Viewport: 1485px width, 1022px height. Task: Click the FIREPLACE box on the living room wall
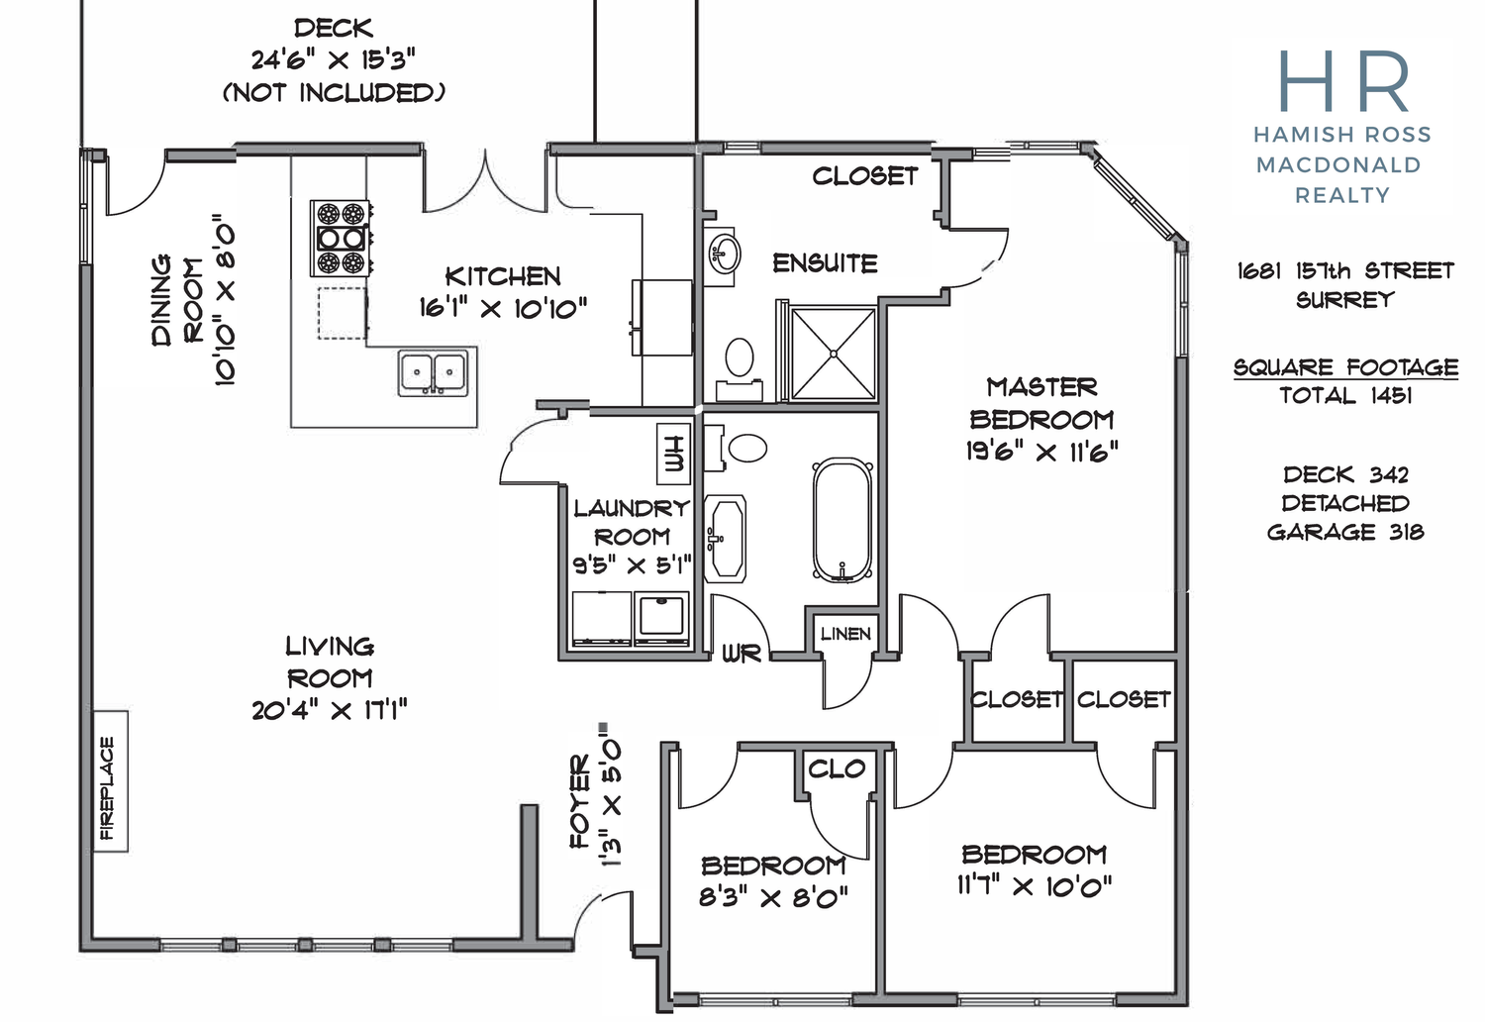[111, 780]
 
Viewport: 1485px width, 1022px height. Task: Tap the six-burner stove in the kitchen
[341, 238]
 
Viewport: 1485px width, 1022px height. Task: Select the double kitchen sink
[433, 373]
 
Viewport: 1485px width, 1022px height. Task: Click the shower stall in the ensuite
[834, 354]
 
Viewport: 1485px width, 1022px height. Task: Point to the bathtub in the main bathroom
[841, 521]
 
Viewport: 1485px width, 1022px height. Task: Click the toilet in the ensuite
[740, 368]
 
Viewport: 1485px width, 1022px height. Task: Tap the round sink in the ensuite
[724, 253]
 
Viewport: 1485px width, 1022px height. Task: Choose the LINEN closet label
[845, 634]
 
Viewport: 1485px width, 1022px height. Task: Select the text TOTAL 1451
[1345, 396]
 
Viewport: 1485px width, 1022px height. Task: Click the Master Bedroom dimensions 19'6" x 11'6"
[1041, 452]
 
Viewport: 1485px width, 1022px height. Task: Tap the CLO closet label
[837, 768]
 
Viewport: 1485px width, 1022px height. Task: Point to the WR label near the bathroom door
[742, 654]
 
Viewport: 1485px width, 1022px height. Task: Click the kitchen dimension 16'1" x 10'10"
[503, 308]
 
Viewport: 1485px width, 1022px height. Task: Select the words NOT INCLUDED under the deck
[334, 93]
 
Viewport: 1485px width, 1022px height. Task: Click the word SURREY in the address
[1345, 300]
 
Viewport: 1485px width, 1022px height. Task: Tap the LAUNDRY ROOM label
[632, 522]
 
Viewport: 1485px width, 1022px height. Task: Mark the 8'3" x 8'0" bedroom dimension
[773, 898]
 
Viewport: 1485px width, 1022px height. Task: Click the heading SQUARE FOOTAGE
[1345, 367]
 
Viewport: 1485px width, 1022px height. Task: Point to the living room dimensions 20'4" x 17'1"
[330, 710]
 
